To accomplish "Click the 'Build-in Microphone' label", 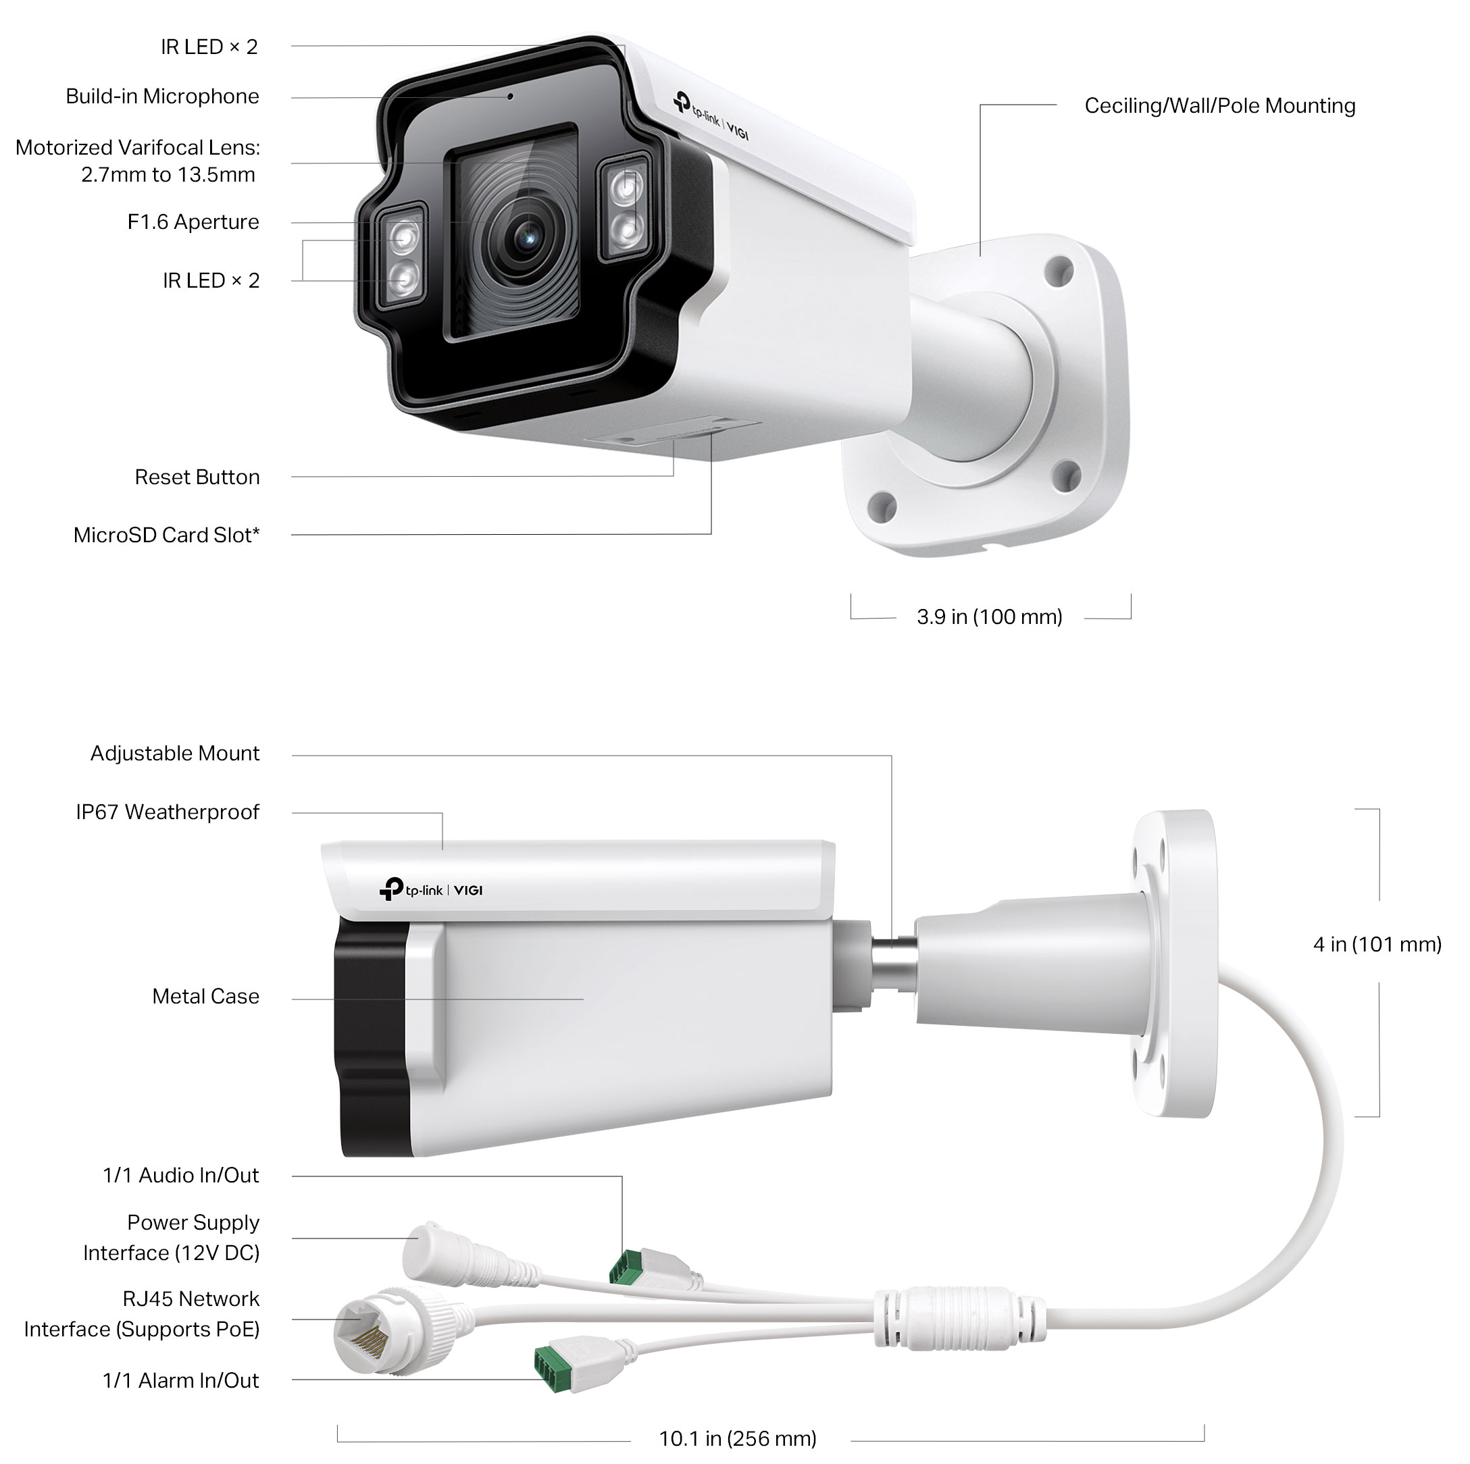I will (162, 97).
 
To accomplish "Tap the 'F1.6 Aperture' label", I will (193, 222).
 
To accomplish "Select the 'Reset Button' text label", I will (197, 477).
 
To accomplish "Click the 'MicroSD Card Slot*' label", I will (167, 535).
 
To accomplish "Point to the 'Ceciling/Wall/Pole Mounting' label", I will (1219, 106).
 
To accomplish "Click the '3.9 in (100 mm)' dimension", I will (989, 617).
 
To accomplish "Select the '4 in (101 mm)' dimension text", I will (1377, 945).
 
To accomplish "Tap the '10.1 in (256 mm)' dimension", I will (737, 1439).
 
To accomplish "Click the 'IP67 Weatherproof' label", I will (168, 812).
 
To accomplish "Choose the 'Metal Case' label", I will (205, 996).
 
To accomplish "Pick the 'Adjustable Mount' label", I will (175, 754).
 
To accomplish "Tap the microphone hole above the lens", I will (511, 97).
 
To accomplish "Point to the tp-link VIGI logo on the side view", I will (432, 890).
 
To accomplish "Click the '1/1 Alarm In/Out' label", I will (181, 1381).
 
